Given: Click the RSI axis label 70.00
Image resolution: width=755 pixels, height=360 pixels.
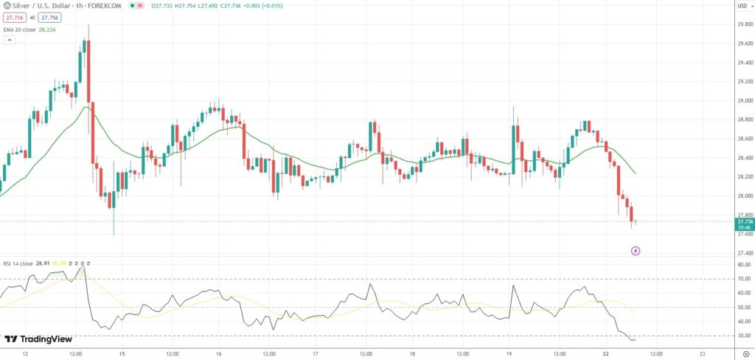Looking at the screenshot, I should [743, 279].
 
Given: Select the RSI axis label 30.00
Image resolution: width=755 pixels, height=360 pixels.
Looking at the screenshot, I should [743, 336].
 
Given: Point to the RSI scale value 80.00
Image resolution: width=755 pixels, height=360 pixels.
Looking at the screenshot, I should [743, 264].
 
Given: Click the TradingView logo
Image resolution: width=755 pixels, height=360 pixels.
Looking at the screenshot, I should [38, 339].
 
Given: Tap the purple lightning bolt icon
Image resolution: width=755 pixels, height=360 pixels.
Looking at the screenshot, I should [636, 251].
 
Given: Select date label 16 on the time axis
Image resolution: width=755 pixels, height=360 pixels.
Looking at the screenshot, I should [219, 353].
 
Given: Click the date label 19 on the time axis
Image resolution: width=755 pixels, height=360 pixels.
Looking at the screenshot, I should [509, 353].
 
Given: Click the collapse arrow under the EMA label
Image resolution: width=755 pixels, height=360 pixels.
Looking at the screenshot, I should [10, 40].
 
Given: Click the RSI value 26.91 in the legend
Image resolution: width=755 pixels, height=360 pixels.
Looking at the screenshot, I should [44, 263].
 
